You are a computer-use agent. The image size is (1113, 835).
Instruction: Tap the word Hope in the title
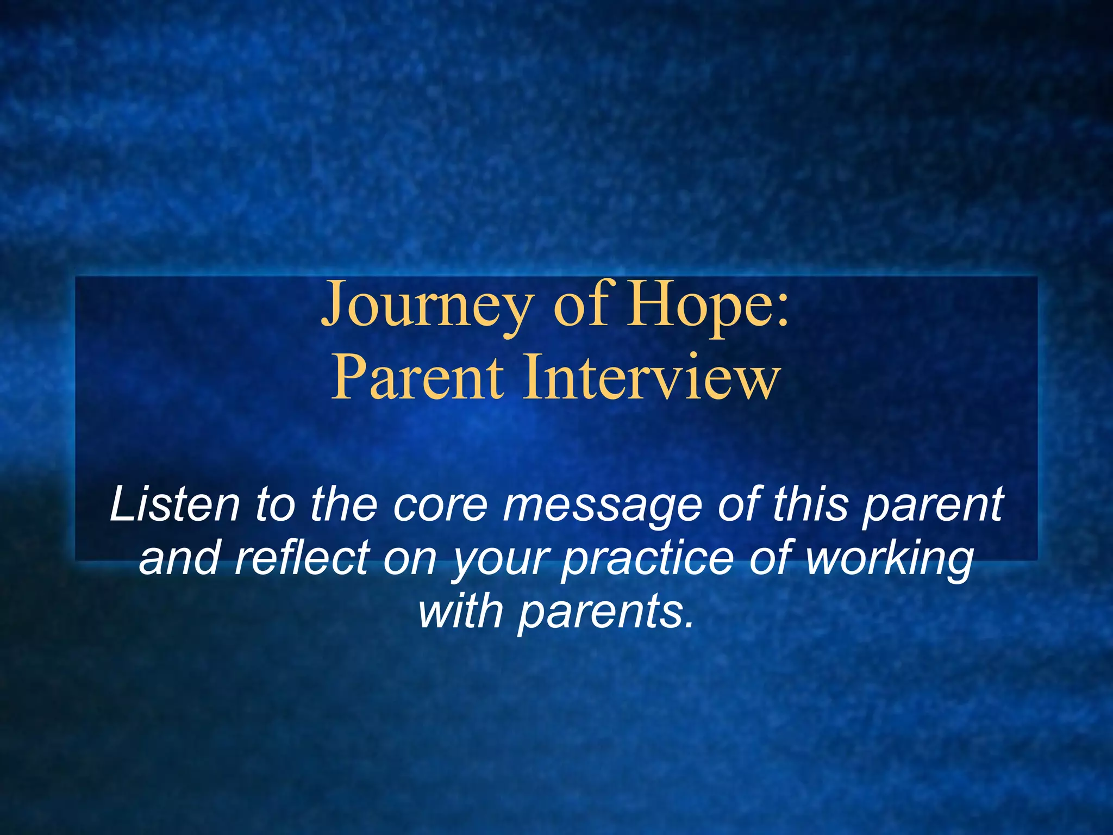pos(696,306)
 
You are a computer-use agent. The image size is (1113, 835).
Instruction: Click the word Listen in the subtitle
pos(174,504)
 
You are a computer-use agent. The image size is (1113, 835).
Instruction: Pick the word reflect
pos(302,558)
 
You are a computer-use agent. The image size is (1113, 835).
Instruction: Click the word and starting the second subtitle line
pos(179,558)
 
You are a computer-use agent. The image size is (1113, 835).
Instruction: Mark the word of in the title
pos(581,306)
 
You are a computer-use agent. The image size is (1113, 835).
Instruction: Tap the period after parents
pos(690,625)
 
